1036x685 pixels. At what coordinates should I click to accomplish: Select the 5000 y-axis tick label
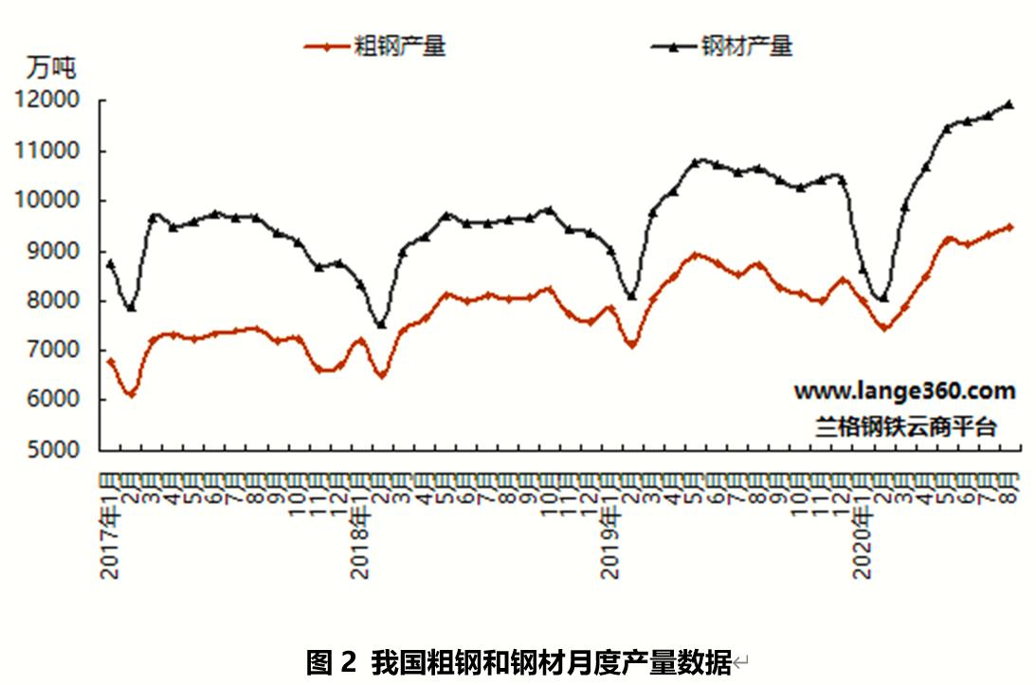coord(51,451)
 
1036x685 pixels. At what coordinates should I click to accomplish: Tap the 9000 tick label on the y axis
coord(51,251)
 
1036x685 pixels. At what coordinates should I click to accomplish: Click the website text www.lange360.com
coord(903,391)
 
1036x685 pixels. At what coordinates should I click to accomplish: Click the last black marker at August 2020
coord(1009,104)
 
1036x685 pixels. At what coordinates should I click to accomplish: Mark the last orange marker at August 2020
coord(1009,227)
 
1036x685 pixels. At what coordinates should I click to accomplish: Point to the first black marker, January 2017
coord(110,263)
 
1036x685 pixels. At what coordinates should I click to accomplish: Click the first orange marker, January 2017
coord(110,361)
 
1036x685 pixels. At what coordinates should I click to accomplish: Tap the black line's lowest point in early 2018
coord(381,325)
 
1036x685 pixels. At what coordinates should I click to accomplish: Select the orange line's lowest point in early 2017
coord(131,393)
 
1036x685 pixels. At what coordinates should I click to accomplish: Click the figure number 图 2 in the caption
coord(331,661)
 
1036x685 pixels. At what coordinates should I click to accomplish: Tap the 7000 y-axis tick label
coord(51,351)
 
